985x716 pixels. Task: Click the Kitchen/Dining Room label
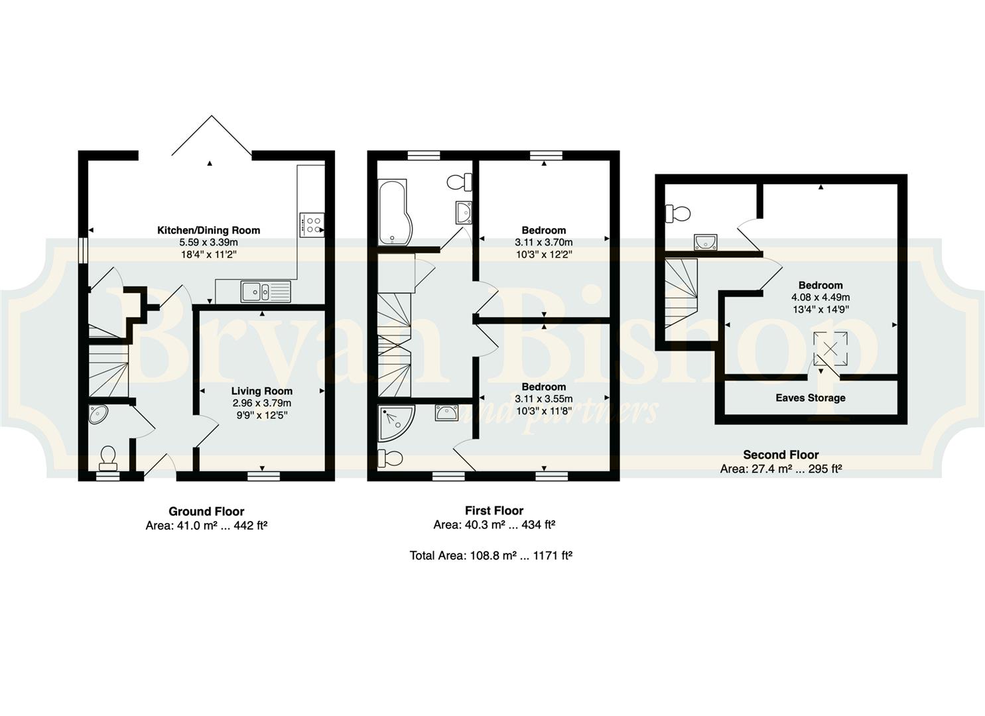pos(209,230)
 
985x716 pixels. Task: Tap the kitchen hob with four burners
pos(312,225)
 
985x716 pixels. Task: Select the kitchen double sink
pos(265,292)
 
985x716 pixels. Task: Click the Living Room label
pos(261,390)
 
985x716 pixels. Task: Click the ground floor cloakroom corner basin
pos(98,414)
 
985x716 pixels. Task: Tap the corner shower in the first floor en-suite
pos(396,424)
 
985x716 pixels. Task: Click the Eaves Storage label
pos(811,398)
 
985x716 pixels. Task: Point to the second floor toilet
pos(678,213)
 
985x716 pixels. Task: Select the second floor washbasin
pos(706,242)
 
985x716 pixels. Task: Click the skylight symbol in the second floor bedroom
pos(830,349)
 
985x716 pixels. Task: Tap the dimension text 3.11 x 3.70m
pos(543,242)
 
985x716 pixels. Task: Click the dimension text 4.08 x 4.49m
pos(821,297)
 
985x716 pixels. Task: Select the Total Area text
pos(491,556)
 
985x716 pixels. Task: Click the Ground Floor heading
pos(206,511)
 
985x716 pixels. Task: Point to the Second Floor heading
pos(781,455)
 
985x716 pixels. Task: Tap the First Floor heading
pos(494,510)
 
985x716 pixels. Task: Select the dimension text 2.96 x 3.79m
pos(261,403)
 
